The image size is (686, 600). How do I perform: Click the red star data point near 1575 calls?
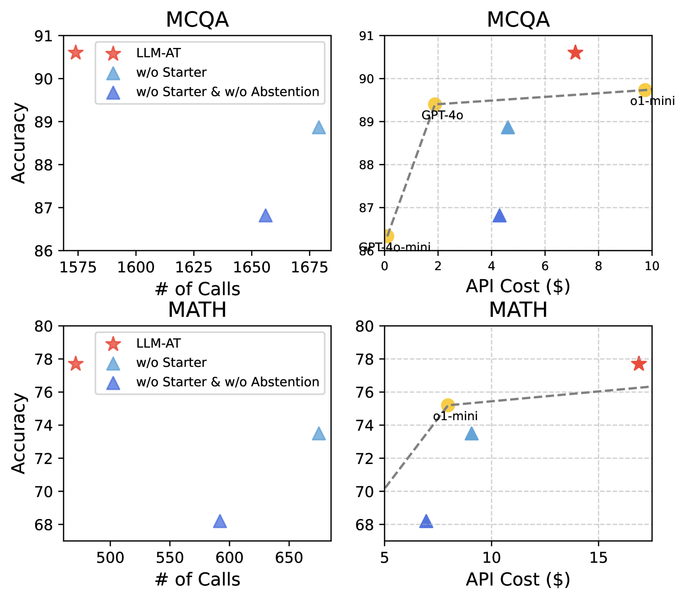click(76, 53)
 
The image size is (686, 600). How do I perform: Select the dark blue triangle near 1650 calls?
click(266, 216)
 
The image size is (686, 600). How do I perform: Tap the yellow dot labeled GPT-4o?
click(434, 104)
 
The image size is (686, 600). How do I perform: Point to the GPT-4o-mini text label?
click(395, 247)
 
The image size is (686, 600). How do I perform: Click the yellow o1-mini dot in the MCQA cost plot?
click(645, 90)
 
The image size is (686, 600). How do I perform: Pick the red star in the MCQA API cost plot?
click(575, 53)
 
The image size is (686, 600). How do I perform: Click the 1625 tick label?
click(194, 267)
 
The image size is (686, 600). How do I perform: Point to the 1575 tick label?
click(78, 267)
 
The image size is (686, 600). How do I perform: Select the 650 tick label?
click(289, 558)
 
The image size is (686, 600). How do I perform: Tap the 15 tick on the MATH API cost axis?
click(598, 558)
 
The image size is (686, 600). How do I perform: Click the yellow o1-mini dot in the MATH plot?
click(448, 405)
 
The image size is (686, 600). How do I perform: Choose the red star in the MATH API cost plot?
click(639, 364)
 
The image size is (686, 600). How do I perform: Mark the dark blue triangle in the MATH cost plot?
click(426, 522)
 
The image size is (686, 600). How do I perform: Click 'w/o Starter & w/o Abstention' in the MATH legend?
click(228, 382)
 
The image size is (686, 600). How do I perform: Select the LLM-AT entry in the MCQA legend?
click(158, 53)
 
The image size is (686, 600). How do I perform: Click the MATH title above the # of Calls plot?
click(197, 310)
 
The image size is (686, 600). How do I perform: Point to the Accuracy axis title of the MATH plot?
click(19, 433)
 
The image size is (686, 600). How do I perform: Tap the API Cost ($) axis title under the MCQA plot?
click(518, 286)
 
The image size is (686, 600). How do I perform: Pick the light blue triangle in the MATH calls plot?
click(319, 434)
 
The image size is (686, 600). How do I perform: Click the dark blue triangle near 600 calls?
click(220, 522)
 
